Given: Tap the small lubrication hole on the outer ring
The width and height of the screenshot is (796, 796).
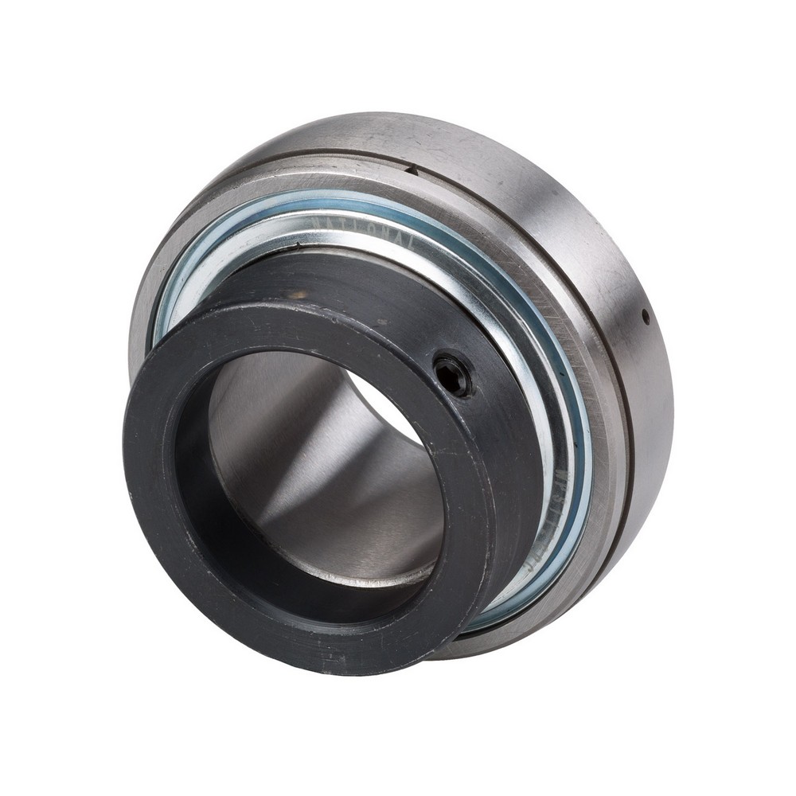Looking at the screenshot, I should pyautogui.click(x=646, y=318).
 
